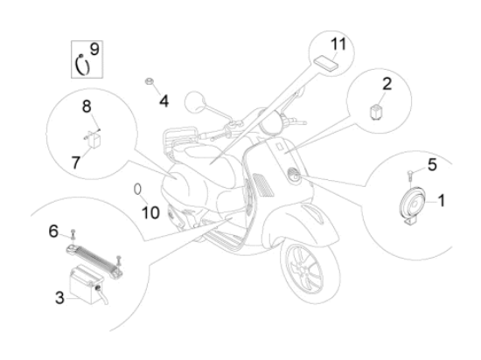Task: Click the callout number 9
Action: tap(94, 49)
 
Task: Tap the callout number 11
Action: tap(338, 44)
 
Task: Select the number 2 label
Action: tap(387, 84)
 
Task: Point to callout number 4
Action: tap(164, 101)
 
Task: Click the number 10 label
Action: tap(150, 212)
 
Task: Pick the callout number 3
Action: tap(59, 297)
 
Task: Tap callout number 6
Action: tap(53, 231)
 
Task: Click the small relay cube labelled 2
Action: tap(374, 112)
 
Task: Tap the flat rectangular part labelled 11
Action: tap(324, 64)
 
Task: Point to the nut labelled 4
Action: tap(149, 81)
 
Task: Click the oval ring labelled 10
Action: tap(137, 189)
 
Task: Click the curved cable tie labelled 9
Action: tap(82, 65)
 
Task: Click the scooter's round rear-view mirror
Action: tap(195, 102)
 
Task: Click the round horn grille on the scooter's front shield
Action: tap(294, 175)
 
